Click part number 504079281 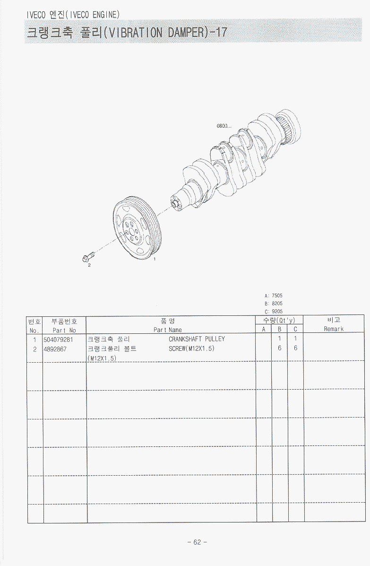click(x=59, y=340)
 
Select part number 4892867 click(x=55, y=349)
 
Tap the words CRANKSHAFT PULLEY click(x=197, y=339)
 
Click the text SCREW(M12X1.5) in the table click(x=191, y=348)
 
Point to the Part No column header click(x=65, y=330)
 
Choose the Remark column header click(x=334, y=329)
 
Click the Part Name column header click(x=168, y=330)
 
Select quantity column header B click(x=279, y=329)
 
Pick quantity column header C click(x=295, y=329)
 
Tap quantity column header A click(x=264, y=329)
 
